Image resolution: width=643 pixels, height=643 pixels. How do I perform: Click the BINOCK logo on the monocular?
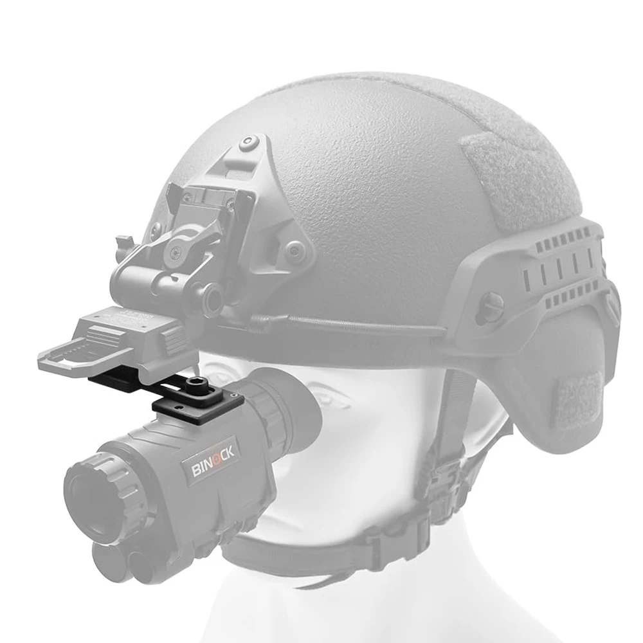pyautogui.click(x=213, y=460)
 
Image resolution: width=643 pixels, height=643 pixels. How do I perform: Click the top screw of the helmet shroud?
pyautogui.click(x=248, y=142)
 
